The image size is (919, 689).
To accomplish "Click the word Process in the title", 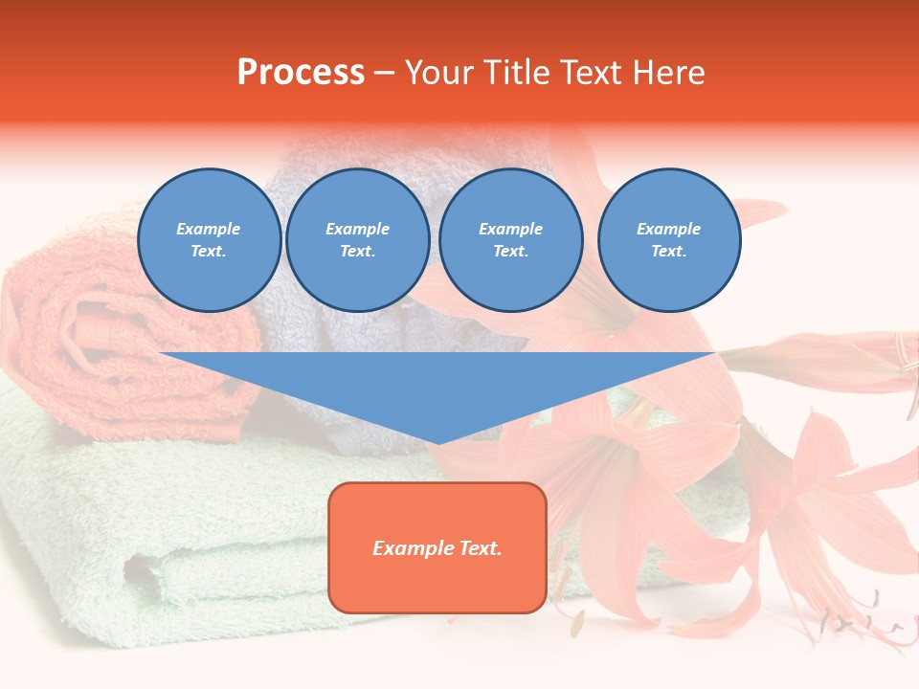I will pyautogui.click(x=301, y=73).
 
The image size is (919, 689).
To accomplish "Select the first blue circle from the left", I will pyautogui.click(x=209, y=240).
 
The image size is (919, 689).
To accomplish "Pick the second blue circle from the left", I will pyautogui.click(x=357, y=240).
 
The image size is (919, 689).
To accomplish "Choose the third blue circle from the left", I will pyautogui.click(x=510, y=240).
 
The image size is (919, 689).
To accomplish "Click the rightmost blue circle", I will pyautogui.click(x=668, y=240).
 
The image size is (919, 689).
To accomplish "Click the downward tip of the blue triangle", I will pyautogui.click(x=437, y=440).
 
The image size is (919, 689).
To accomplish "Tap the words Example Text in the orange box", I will pyautogui.click(x=437, y=548).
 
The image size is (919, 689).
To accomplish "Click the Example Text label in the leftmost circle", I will pyautogui.click(x=209, y=240).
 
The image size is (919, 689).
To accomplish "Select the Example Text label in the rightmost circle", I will pyautogui.click(x=668, y=240).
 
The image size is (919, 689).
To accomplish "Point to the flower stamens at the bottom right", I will pyautogui.click(x=857, y=622).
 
